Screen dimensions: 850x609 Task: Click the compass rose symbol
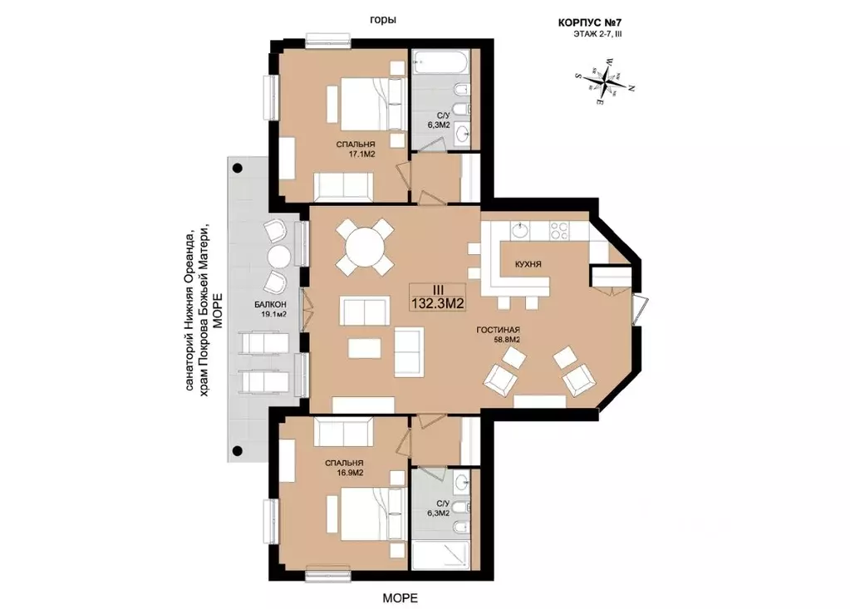604,81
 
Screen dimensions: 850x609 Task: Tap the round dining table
364,247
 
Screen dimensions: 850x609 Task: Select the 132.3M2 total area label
438,303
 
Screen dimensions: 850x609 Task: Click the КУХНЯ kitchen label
528,264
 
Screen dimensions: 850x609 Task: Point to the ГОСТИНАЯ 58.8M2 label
499,335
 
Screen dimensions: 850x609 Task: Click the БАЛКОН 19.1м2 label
271,309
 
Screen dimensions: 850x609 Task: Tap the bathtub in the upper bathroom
440,64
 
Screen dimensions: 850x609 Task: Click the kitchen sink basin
518,230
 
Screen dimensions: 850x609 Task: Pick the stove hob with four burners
559,231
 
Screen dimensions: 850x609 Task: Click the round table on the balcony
280,256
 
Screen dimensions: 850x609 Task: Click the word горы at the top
383,20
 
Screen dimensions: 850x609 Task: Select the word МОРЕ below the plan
400,598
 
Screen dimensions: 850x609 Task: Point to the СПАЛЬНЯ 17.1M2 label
356,149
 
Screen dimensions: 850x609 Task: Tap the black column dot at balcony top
237,168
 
